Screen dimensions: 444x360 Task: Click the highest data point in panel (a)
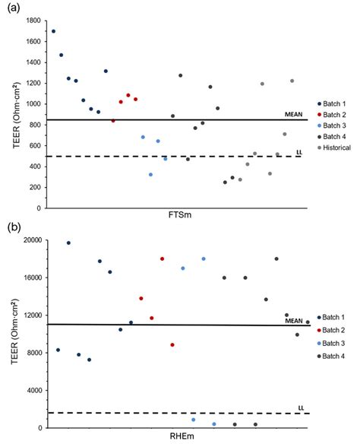click(x=53, y=31)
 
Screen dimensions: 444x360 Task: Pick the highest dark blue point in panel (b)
click(x=68, y=243)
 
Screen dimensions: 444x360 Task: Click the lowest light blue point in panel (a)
click(x=150, y=174)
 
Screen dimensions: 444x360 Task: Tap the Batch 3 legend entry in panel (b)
click(x=335, y=343)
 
